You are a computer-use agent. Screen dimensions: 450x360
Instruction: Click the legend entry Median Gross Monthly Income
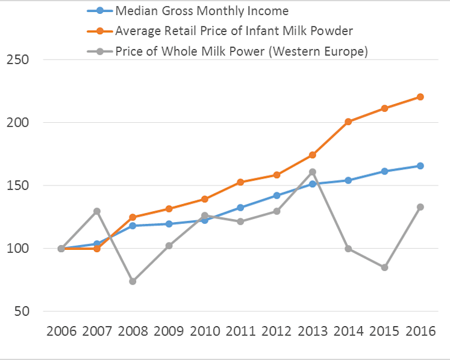pos(188,11)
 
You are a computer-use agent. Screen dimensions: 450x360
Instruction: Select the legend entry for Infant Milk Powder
pos(220,31)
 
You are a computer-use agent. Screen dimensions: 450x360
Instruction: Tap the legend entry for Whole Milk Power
pos(228,51)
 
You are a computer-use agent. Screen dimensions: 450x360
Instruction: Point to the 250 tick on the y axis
pos(18,60)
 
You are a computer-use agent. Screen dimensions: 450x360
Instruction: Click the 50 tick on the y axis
pos(22,311)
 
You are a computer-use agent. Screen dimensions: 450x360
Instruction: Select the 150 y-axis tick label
pos(18,185)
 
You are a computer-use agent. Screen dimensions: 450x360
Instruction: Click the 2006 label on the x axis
pos(61,331)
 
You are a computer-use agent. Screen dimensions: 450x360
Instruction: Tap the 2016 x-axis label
pos(420,331)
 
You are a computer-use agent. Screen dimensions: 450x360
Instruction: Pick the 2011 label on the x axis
pos(241,331)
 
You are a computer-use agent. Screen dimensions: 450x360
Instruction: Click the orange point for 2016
pos(420,97)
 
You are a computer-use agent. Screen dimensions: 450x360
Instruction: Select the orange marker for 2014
pos(348,122)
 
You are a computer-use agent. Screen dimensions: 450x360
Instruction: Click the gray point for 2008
pos(133,281)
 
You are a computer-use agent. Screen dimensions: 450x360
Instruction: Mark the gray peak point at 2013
pos(313,172)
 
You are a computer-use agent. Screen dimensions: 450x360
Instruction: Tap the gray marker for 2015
pos(384,267)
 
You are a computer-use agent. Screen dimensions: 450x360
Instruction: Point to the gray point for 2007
pos(97,211)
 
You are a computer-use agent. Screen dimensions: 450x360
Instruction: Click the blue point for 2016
pos(420,166)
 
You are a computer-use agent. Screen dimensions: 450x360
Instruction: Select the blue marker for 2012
pos(277,196)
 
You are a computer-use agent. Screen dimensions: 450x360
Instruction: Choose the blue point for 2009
pos(169,224)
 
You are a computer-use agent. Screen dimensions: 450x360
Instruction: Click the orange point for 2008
pos(133,217)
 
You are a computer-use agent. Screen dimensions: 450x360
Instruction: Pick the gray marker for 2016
pos(420,207)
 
